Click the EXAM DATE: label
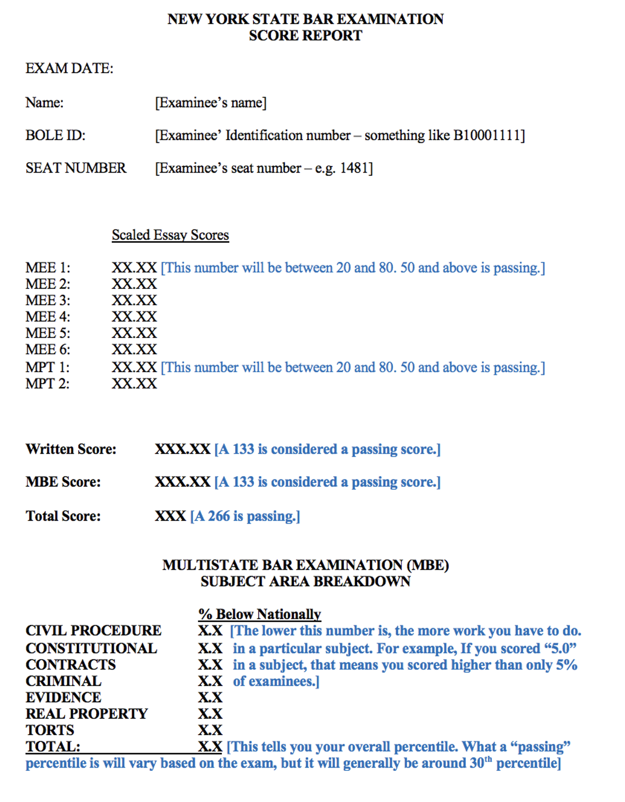[69, 68]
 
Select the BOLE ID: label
[55, 135]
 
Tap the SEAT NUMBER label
[76, 168]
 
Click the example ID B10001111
[487, 135]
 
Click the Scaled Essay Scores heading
[170, 235]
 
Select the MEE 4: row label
[48, 317]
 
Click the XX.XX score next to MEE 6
[134, 350]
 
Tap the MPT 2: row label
[48, 384]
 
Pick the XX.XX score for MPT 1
[134, 367]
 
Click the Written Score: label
[71, 449]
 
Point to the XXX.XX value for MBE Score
[182, 482]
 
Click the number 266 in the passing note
[219, 516]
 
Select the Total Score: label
[63, 516]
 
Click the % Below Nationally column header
[259, 614]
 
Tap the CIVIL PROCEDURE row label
[93, 630]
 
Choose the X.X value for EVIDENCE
[210, 697]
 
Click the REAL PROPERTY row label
[86, 714]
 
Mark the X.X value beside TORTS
[210, 730]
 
